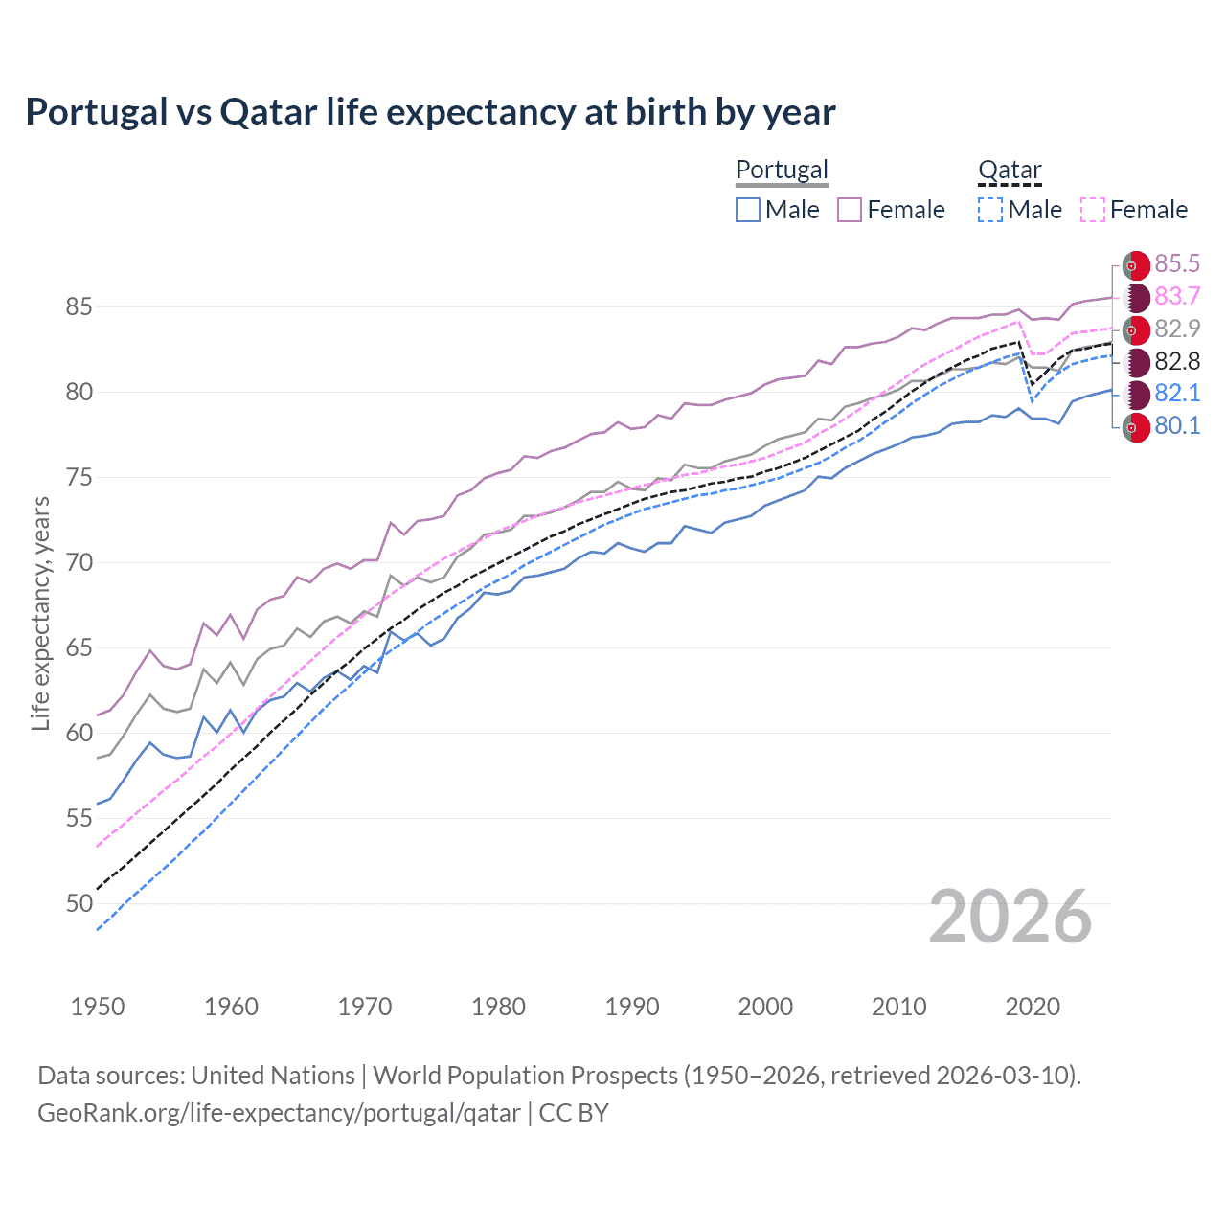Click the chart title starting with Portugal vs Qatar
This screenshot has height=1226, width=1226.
point(430,112)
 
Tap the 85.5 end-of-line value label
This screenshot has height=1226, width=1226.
point(1177,263)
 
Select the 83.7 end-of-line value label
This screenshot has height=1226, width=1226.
point(1177,296)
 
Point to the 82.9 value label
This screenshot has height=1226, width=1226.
point(1177,329)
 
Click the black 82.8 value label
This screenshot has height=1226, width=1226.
point(1177,361)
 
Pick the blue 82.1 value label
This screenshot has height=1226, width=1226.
point(1177,394)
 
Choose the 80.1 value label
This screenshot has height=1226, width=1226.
point(1177,426)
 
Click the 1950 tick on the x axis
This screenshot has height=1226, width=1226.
point(98,1007)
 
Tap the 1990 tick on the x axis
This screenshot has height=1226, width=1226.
point(631,1007)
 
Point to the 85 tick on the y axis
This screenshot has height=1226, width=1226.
point(79,307)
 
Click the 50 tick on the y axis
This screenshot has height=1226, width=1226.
point(79,903)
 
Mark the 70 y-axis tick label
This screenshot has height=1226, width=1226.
point(79,562)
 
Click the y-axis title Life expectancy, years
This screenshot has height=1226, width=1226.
point(40,613)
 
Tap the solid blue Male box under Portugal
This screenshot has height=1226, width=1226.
point(748,210)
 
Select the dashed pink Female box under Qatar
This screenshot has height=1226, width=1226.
point(1093,210)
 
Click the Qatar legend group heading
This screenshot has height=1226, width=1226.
point(1009,170)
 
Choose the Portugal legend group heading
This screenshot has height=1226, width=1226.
point(782,170)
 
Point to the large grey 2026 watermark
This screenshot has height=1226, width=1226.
point(1010,917)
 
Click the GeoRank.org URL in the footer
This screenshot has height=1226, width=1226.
point(279,1113)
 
